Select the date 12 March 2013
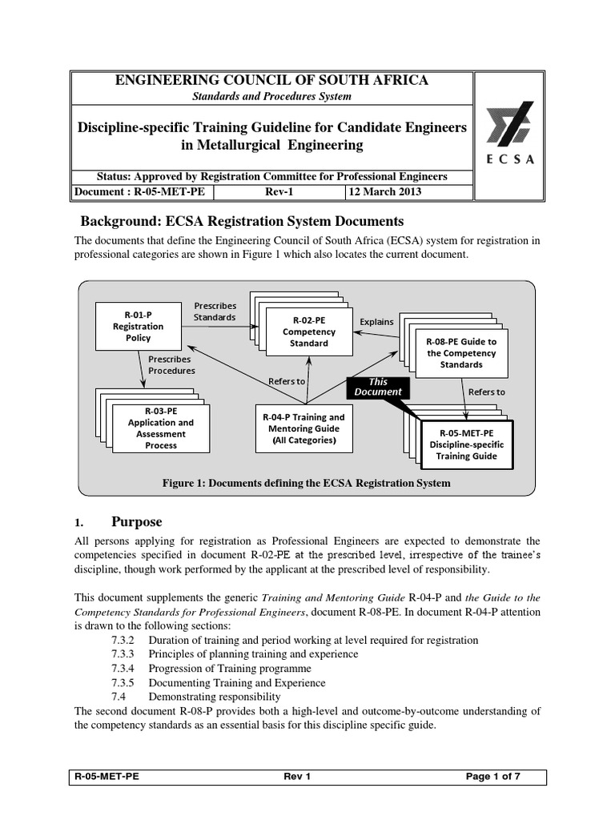384,192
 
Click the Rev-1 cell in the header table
280,192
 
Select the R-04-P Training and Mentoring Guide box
303,428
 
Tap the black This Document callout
377,388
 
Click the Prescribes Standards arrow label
215,311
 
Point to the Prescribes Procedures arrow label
171,365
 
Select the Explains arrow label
376,322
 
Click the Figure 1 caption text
307,483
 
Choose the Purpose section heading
136,522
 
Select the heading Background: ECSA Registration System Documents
238,221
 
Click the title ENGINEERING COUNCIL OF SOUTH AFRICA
272,80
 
